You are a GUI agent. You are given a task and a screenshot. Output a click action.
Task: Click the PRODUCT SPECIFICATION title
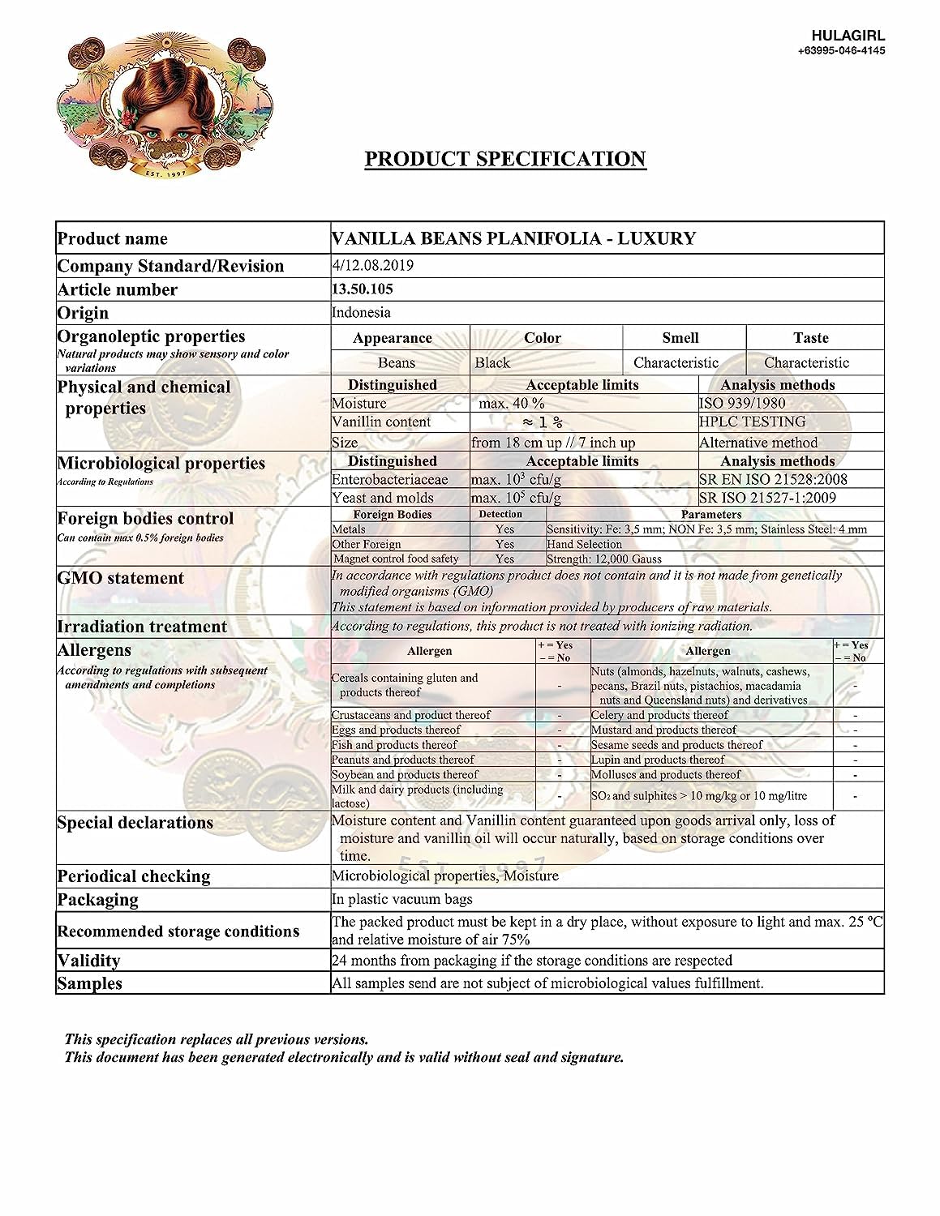click(504, 159)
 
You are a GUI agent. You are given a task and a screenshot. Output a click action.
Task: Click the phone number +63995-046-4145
click(841, 50)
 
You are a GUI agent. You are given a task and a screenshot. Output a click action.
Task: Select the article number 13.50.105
click(363, 289)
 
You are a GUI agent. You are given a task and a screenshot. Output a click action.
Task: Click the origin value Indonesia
click(361, 313)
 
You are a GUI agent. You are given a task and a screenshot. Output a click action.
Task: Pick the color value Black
click(492, 362)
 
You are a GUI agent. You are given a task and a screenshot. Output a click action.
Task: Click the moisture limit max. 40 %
click(512, 403)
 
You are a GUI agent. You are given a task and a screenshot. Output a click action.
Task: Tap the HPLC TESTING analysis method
click(753, 422)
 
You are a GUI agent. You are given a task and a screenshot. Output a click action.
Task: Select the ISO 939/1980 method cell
click(742, 403)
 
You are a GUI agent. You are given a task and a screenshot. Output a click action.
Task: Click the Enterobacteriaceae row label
click(390, 479)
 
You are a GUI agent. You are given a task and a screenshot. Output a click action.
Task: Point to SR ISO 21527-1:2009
click(767, 498)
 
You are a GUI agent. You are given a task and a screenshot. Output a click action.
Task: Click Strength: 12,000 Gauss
click(604, 559)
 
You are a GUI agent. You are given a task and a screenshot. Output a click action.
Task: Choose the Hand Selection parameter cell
click(585, 544)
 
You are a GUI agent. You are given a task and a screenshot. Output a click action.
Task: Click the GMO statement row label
click(120, 578)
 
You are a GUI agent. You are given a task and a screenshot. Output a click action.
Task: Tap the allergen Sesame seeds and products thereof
click(677, 744)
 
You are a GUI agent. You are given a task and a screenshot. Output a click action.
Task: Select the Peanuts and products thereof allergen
click(403, 760)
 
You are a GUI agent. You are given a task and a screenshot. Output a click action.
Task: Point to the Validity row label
click(88, 961)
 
